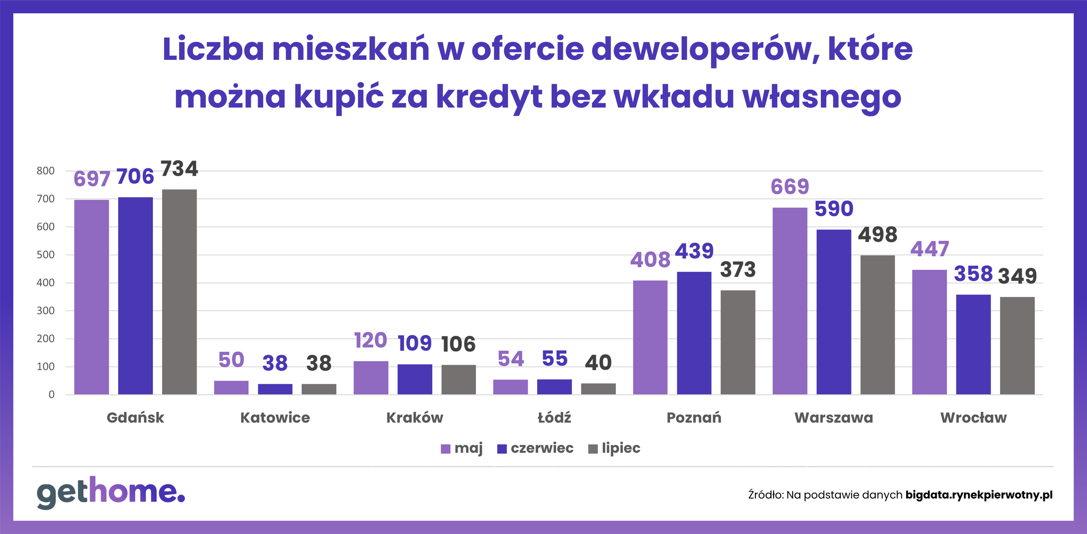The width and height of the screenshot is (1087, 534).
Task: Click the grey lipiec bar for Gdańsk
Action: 179,292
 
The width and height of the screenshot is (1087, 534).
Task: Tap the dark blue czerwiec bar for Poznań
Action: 694,333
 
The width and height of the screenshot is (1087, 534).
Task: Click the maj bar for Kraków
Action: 371,378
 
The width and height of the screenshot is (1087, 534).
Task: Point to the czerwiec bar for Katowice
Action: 275,389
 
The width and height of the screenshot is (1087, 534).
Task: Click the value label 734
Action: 179,169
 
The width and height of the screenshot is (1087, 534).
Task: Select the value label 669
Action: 790,186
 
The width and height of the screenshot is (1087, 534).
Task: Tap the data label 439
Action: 694,251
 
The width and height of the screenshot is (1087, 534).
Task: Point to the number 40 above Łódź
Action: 598,363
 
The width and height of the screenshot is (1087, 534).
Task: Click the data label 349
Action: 1017,276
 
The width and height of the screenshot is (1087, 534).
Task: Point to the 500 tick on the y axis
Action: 45,255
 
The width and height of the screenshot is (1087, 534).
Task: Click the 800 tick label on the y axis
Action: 45,171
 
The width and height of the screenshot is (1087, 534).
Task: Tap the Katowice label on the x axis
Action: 275,418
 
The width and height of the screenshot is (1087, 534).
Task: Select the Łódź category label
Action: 554,418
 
